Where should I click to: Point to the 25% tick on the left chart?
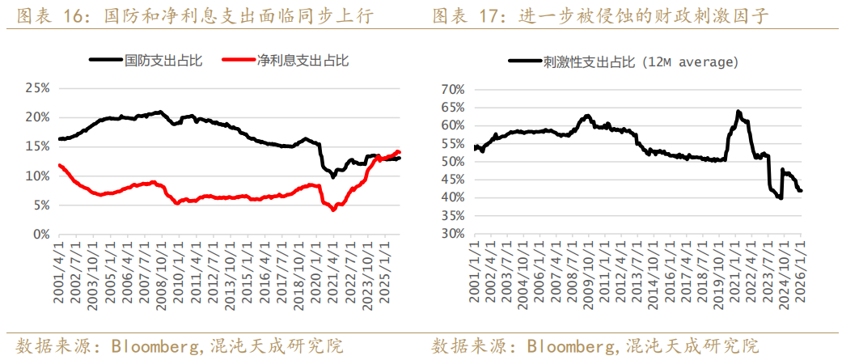pos(38,87)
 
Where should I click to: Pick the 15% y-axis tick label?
pos(38,146)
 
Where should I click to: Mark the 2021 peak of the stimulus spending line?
pos(738,112)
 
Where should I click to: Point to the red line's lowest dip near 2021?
pos(333,210)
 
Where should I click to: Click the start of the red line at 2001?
pos(59,165)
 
